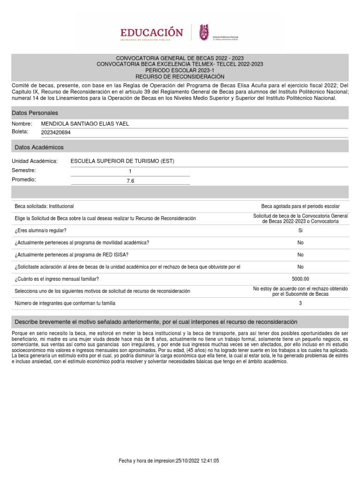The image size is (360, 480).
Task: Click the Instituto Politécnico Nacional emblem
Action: tap(205, 32)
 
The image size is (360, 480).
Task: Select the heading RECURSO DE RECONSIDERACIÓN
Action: tap(180, 76)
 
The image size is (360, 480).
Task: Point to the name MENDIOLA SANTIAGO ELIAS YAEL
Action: tap(85, 124)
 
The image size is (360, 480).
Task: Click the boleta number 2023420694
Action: tap(56, 133)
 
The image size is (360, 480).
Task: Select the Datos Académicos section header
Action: tap(38, 147)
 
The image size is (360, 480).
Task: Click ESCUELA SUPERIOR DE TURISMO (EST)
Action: tap(122, 161)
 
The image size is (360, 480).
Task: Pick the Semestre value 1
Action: tap(130, 172)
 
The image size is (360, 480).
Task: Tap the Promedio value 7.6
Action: tap(130, 180)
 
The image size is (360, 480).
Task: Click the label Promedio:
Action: tap(24, 180)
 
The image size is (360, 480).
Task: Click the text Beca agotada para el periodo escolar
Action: tap(300, 206)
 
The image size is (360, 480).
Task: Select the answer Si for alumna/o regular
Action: tap(300, 231)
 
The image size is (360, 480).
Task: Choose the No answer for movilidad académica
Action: tap(300, 242)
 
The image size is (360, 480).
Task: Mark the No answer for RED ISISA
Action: tap(300, 255)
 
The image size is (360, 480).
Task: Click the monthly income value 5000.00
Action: tap(300, 279)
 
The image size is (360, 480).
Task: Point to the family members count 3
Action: tap(300, 303)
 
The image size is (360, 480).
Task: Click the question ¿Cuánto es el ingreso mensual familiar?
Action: tap(57, 279)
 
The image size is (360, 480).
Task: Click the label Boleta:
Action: tap(20, 132)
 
